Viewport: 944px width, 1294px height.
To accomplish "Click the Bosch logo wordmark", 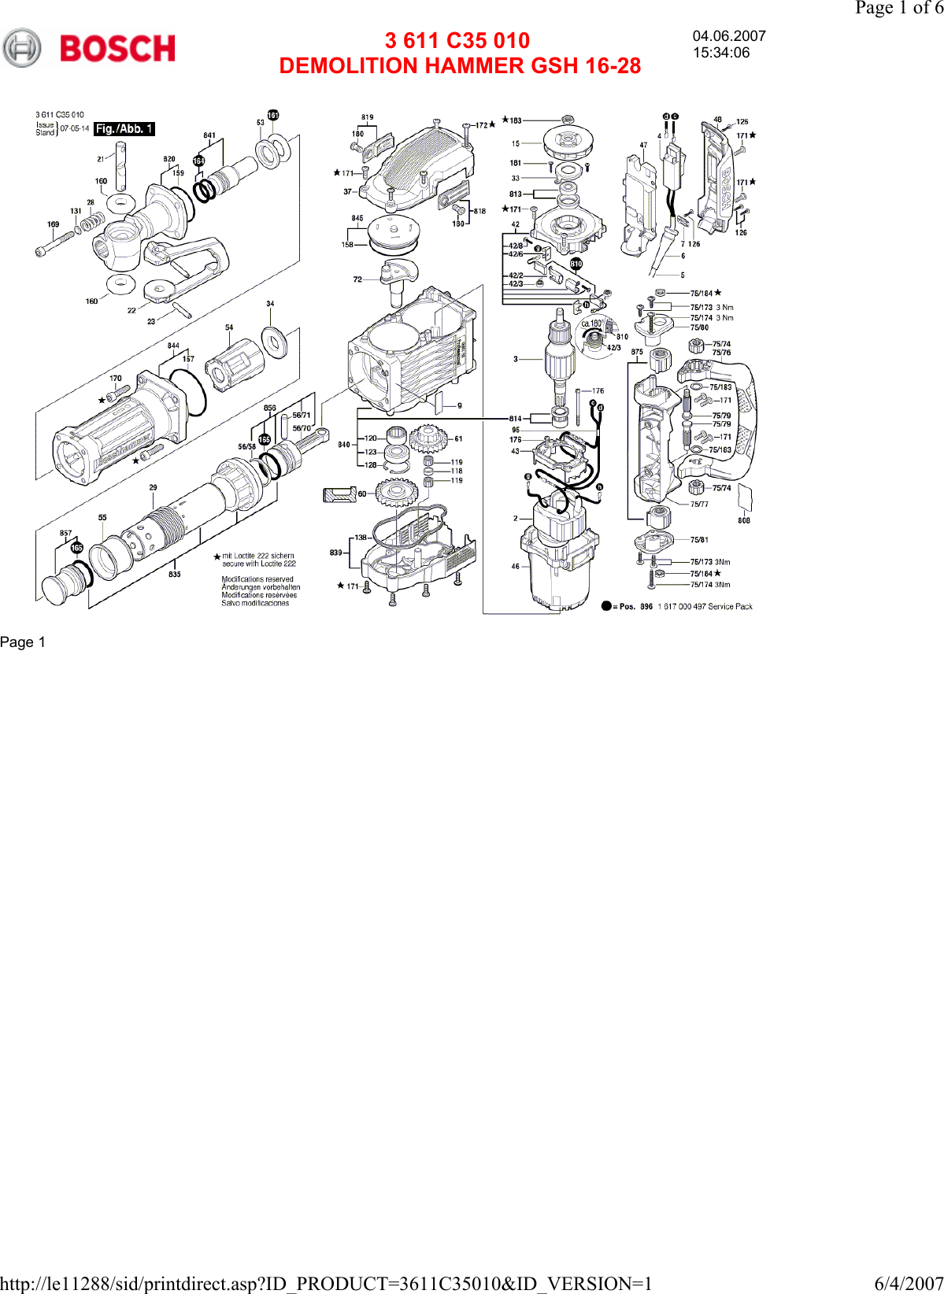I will pyautogui.click(x=117, y=49).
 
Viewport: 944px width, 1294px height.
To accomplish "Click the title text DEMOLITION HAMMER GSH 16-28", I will pyautogui.click(x=460, y=66).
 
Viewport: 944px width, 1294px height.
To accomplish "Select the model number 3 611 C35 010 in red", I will pyautogui.click(x=457, y=41).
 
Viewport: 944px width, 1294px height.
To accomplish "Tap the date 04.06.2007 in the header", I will pyautogui.click(x=729, y=36).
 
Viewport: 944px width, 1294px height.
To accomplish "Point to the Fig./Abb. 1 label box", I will pyautogui.click(x=124, y=129).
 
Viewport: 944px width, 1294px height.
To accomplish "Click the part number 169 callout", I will pyautogui.click(x=53, y=224).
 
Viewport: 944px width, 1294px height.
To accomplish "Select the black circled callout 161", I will pyautogui.click(x=273, y=115).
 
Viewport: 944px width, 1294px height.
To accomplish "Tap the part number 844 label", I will pyautogui.click(x=173, y=346).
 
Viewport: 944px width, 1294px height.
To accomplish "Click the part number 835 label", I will pyautogui.click(x=175, y=575).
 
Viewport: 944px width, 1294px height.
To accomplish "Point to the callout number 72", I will pyautogui.click(x=357, y=279).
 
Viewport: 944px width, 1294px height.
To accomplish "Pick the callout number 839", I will pyautogui.click(x=336, y=553).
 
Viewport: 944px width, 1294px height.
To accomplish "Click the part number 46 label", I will pyautogui.click(x=515, y=566).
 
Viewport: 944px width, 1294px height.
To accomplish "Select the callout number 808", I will pyautogui.click(x=744, y=520).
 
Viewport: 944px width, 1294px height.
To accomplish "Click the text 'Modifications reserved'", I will pyautogui.click(x=257, y=579).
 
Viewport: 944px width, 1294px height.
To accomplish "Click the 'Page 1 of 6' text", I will pyautogui.click(x=898, y=8).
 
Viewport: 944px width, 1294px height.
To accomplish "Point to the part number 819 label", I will pyautogui.click(x=368, y=117).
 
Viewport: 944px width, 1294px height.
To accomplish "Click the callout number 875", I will pyautogui.click(x=637, y=352).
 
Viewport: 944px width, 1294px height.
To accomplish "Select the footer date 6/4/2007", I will pyautogui.click(x=908, y=1284).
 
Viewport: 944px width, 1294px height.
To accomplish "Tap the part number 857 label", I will pyautogui.click(x=65, y=533).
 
